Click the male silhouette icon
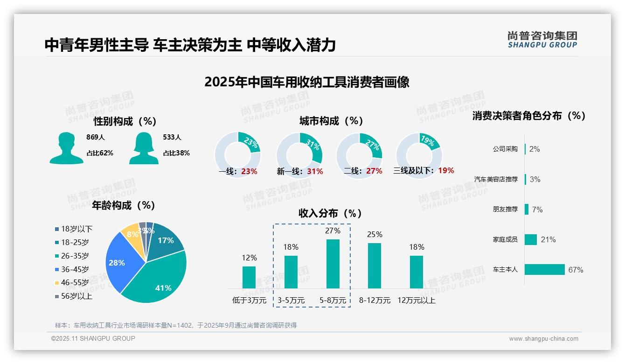click(x=66, y=148)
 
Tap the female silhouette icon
click(x=144, y=148)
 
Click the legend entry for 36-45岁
click(x=75, y=269)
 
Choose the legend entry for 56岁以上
click(x=76, y=296)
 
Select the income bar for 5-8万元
click(x=333, y=264)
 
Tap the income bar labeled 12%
click(x=249, y=277)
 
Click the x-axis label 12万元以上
click(x=416, y=300)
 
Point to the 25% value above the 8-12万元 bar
click(x=375, y=234)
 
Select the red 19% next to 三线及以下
click(x=446, y=170)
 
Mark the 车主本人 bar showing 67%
click(x=544, y=269)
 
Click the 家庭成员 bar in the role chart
click(x=531, y=239)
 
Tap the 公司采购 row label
click(x=505, y=149)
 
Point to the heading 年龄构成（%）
click(x=123, y=205)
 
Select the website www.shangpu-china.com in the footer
click(x=543, y=338)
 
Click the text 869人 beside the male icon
click(x=96, y=137)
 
